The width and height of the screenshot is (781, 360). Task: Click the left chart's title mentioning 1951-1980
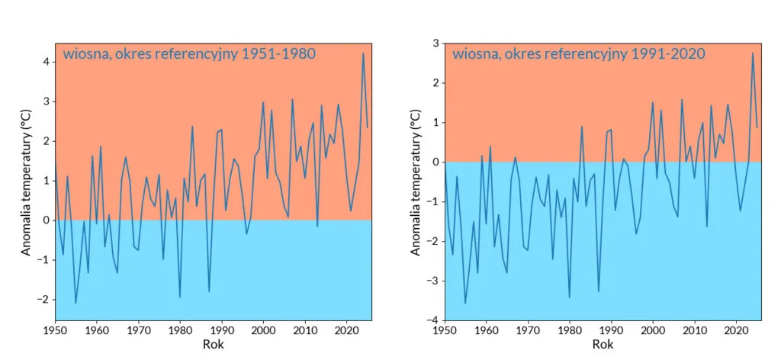click(x=188, y=54)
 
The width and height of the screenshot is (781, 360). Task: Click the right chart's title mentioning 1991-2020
click(x=578, y=54)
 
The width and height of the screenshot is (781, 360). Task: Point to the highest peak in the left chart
click(x=363, y=53)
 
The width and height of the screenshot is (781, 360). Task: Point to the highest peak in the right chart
click(x=753, y=53)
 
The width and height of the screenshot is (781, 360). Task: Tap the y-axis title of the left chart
click(x=26, y=181)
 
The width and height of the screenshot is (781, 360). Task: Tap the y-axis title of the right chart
click(x=415, y=181)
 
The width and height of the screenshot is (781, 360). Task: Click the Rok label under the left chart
click(x=213, y=345)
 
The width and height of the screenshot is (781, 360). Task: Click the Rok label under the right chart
click(x=603, y=345)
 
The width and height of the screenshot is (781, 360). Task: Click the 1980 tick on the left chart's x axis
click(x=179, y=331)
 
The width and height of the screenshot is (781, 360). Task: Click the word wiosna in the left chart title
click(x=85, y=54)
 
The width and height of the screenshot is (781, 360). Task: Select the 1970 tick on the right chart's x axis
click(x=528, y=331)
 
